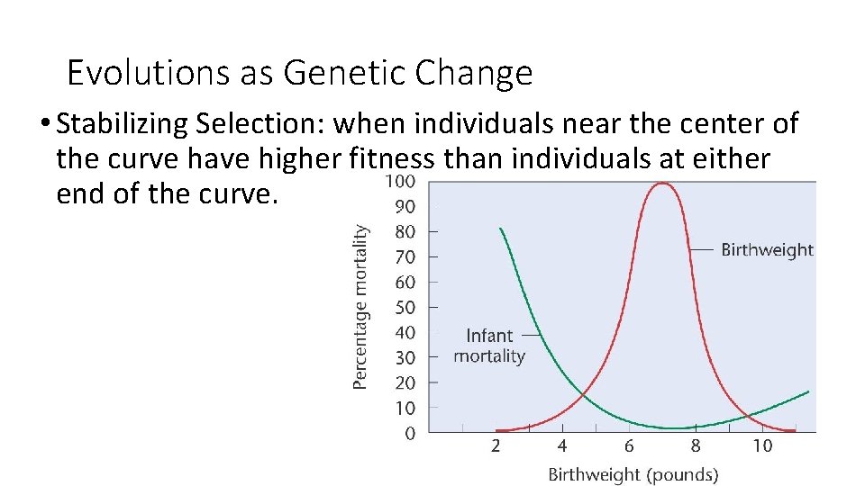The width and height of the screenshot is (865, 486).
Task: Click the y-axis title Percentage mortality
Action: tap(360, 306)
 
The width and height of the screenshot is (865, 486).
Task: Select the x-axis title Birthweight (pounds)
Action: tap(633, 473)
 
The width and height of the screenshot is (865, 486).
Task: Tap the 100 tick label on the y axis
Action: tap(401, 182)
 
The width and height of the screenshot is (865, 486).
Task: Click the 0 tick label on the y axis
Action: tap(410, 434)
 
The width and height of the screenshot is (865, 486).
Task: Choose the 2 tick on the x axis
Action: tap(496, 446)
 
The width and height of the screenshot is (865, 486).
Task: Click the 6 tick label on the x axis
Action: tap(629, 446)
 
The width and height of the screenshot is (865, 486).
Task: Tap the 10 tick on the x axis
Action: tap(762, 446)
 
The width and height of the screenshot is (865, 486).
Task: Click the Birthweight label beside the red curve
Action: tap(767, 250)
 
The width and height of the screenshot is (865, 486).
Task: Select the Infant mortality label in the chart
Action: tap(489, 346)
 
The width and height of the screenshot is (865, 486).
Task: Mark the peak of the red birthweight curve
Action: tap(663, 183)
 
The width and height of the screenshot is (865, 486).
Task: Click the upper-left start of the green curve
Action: tap(501, 229)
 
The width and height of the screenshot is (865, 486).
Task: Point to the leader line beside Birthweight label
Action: tap(703, 249)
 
